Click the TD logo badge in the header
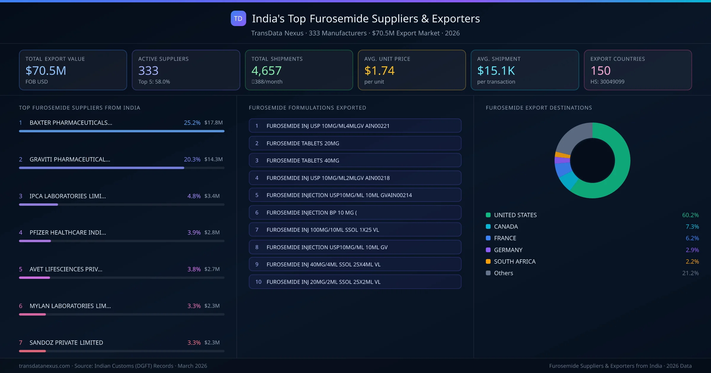pyautogui.click(x=238, y=19)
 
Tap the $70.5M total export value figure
pyautogui.click(x=46, y=71)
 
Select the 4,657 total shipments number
pyautogui.click(x=266, y=71)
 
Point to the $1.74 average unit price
pyautogui.click(x=379, y=71)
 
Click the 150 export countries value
pyautogui.click(x=600, y=71)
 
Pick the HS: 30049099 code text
pyautogui.click(x=607, y=82)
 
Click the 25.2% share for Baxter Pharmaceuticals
pyautogui.click(x=192, y=123)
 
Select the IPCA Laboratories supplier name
pyautogui.click(x=68, y=196)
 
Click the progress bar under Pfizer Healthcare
pyautogui.click(x=121, y=241)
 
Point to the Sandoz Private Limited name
pyautogui.click(x=66, y=343)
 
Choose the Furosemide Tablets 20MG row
pyautogui.click(x=355, y=143)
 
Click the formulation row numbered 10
pyautogui.click(x=355, y=282)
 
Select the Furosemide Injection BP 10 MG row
pyautogui.click(x=355, y=213)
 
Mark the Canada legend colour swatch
pyautogui.click(x=488, y=227)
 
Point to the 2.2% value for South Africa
pyautogui.click(x=692, y=262)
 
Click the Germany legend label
pyautogui.click(x=508, y=250)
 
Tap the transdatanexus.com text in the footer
pyautogui.click(x=44, y=366)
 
